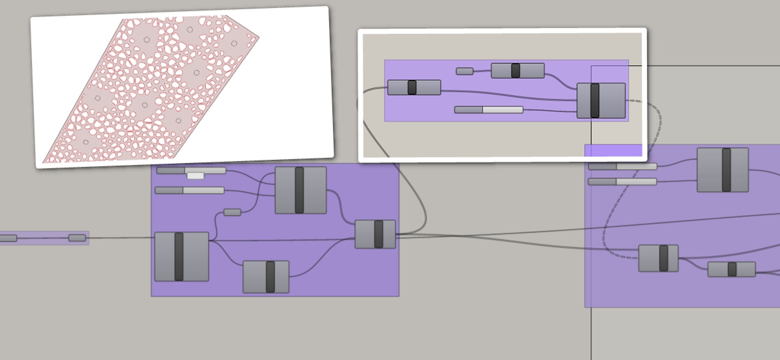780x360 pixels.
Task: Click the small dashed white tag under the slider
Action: pyautogui.click(x=195, y=176)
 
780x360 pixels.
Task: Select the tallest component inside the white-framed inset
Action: pyautogui.click(x=601, y=101)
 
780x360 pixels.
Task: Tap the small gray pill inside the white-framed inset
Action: pyautogui.click(x=464, y=72)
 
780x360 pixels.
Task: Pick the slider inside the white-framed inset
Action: pyautogui.click(x=488, y=110)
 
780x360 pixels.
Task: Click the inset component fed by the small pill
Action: pyautogui.click(x=518, y=71)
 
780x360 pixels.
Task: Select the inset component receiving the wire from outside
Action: pyautogui.click(x=414, y=87)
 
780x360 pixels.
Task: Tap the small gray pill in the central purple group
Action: pyautogui.click(x=232, y=212)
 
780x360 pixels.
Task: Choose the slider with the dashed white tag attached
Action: pyautogui.click(x=191, y=170)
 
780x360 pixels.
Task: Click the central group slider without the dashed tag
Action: pyautogui.click(x=189, y=190)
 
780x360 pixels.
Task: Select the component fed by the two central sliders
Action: pyautogui.click(x=301, y=190)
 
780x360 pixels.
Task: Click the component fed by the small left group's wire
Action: pyautogui.click(x=182, y=257)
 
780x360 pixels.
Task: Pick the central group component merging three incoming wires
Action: pyautogui.click(x=375, y=234)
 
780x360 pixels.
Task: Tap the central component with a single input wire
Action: pyautogui.click(x=266, y=277)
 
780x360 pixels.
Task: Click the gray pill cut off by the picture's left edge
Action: pyautogui.click(x=8, y=238)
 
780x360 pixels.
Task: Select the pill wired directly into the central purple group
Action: pyautogui.click(x=77, y=238)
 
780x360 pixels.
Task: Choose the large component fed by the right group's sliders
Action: pyautogui.click(x=722, y=170)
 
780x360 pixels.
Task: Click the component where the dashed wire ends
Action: pyautogui.click(x=658, y=258)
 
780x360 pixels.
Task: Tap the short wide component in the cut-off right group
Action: pyautogui.click(x=731, y=269)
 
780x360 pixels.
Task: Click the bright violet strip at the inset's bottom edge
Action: pyautogui.click(x=613, y=150)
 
